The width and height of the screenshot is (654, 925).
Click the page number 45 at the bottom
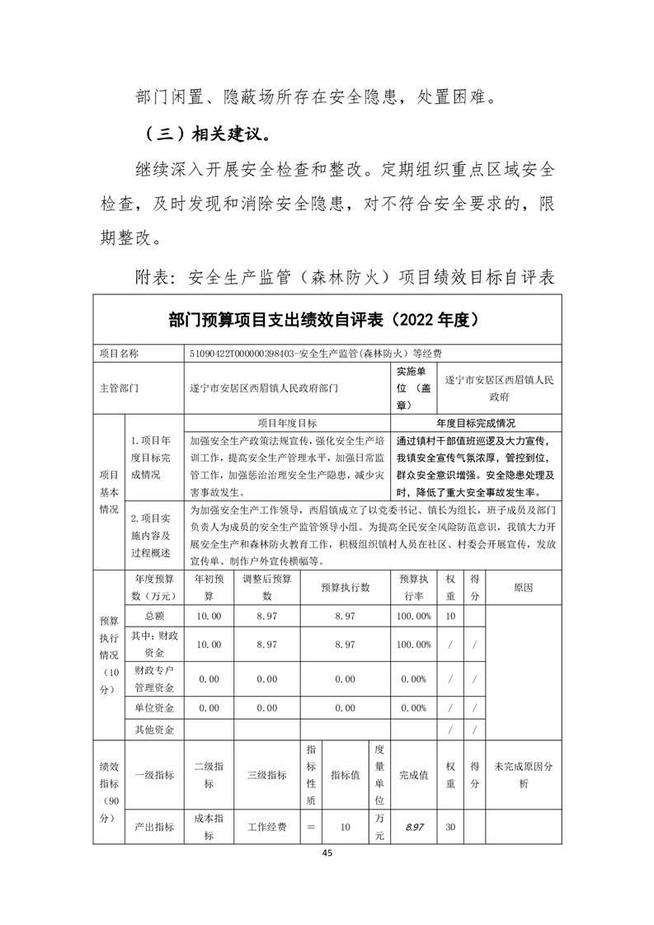[x=327, y=853]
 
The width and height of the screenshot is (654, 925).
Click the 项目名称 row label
[x=120, y=354]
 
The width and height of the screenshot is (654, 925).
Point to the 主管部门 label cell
[x=119, y=386]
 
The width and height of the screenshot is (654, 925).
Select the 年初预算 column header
[x=208, y=587]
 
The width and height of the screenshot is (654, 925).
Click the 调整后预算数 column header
[x=266, y=587]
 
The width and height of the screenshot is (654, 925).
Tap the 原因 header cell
[x=523, y=587]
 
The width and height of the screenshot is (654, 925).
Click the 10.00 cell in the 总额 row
[x=208, y=616]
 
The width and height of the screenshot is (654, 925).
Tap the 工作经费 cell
[x=266, y=827]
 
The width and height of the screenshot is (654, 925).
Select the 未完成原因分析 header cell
[x=523, y=775]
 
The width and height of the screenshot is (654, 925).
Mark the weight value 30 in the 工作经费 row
[x=450, y=827]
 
